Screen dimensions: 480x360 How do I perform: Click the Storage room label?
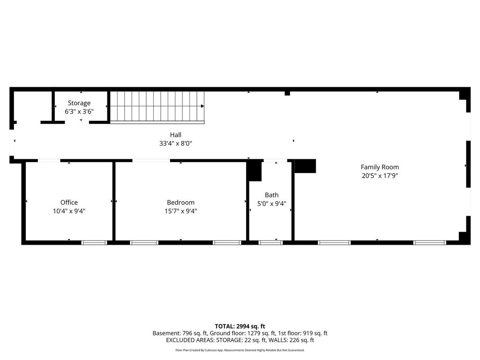tap(79, 103)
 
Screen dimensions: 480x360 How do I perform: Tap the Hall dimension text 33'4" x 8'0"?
tap(175, 143)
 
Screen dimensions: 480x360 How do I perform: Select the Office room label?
tap(69, 202)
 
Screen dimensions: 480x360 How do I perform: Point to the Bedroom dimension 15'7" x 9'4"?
tap(180, 211)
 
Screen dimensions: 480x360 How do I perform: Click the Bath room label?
tap(271, 195)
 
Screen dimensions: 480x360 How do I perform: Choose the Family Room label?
tap(380, 167)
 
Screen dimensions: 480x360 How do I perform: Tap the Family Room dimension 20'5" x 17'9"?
tap(380, 176)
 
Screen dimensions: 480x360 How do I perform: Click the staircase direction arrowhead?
tap(202, 106)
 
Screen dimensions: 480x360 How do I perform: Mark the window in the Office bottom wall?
tap(94, 243)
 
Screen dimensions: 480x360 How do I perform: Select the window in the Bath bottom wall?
tap(270, 243)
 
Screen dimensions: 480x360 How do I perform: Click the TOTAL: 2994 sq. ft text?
tap(240, 326)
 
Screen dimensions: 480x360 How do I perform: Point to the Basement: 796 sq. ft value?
tap(180, 333)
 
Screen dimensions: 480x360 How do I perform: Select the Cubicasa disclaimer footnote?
tap(240, 350)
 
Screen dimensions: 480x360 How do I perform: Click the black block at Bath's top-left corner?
tap(255, 171)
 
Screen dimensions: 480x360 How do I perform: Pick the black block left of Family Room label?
tap(305, 166)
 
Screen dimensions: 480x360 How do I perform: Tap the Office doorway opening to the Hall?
tap(49, 160)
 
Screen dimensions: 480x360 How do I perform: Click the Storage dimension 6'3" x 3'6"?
tap(79, 112)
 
